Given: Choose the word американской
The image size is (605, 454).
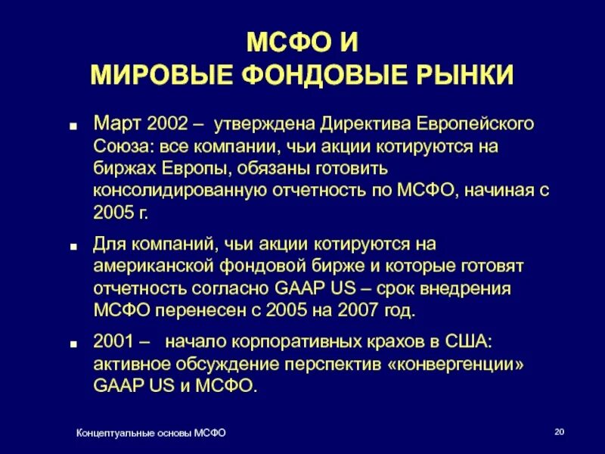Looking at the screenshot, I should (154, 266).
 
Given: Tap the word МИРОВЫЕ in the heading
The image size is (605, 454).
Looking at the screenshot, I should (154, 76).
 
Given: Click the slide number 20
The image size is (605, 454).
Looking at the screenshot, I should (560, 432).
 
